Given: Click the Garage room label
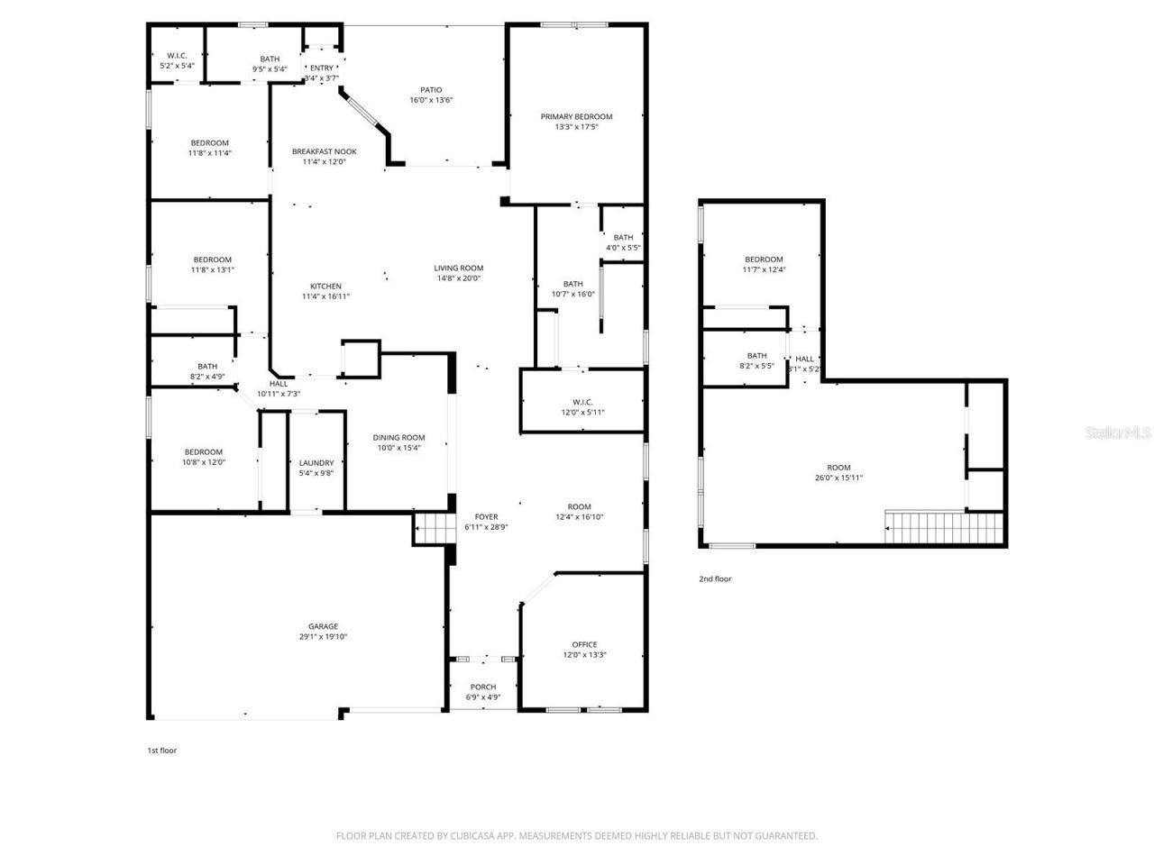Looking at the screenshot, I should (323, 626).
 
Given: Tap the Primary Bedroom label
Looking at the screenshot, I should (576, 116).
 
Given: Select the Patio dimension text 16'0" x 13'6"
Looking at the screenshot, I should (431, 100).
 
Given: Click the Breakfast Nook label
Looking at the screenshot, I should (325, 151).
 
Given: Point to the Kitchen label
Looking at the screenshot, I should (325, 286).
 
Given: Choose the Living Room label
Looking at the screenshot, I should (459, 268).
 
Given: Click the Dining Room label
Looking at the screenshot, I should (398, 437).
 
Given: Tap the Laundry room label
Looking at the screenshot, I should (316, 462).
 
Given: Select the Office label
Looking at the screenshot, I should (584, 644).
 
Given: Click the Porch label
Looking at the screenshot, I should (483, 687).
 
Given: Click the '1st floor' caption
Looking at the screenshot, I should (162, 750).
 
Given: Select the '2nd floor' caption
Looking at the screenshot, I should (715, 578).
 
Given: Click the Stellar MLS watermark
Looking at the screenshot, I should (1118, 433).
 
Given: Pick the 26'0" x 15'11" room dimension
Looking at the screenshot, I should (838, 478).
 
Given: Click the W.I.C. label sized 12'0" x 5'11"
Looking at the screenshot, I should (582, 402).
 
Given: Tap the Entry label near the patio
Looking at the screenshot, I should (322, 68).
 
